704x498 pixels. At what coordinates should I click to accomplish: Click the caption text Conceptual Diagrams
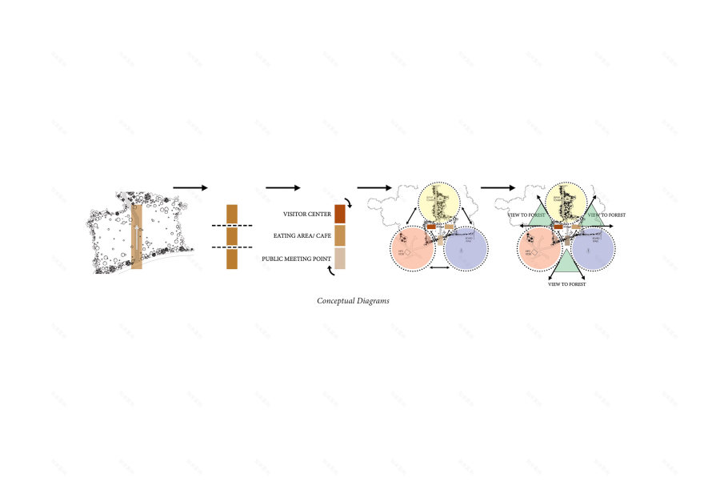[353, 301]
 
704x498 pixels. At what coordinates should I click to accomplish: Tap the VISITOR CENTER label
[307, 215]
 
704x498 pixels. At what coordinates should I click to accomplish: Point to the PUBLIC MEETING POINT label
[297, 259]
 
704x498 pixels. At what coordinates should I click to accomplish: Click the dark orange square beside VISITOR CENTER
[340, 214]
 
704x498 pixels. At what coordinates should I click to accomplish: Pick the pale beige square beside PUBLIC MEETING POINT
[340, 259]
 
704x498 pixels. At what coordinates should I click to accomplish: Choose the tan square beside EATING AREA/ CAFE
[340, 236]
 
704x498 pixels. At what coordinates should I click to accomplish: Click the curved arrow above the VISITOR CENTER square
[346, 200]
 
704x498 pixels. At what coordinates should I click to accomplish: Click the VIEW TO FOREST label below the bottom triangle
[566, 284]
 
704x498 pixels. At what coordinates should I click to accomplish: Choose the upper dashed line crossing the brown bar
[231, 227]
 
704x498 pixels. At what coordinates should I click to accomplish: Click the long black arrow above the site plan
[190, 187]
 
